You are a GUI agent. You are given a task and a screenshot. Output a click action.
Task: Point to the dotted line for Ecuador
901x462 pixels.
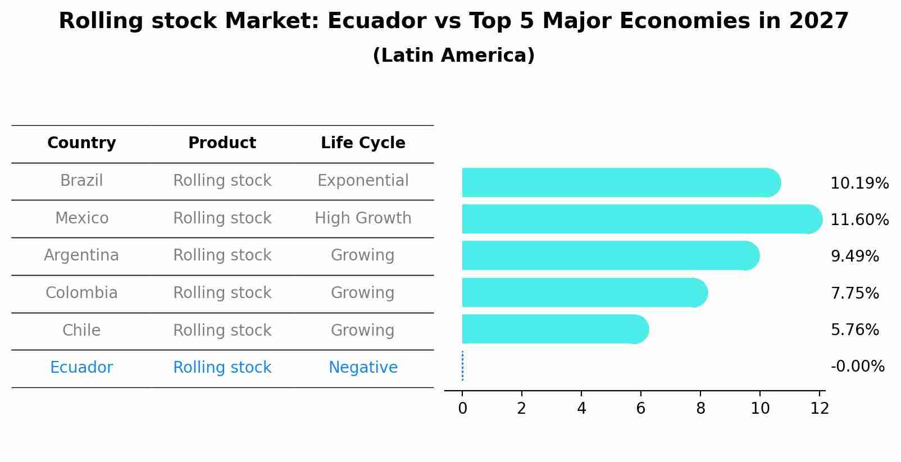point(462,366)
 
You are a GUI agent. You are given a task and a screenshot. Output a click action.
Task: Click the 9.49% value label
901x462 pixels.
point(854,257)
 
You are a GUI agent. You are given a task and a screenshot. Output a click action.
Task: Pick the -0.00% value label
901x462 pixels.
point(857,367)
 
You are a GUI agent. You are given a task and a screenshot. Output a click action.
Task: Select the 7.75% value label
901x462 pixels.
point(854,293)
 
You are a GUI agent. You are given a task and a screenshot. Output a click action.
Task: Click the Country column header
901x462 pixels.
point(81,143)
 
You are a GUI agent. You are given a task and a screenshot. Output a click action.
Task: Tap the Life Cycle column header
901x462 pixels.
point(363,143)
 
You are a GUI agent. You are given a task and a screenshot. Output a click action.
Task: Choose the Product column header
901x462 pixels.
point(222,143)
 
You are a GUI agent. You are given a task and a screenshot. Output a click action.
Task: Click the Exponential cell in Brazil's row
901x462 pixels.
point(363,181)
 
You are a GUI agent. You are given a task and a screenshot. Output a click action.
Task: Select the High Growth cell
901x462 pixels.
point(363,218)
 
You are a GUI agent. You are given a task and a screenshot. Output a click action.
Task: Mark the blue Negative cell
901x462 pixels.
point(363,368)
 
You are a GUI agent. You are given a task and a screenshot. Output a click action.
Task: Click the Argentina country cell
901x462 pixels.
point(81,255)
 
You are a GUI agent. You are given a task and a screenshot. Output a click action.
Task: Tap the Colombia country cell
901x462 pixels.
point(81,293)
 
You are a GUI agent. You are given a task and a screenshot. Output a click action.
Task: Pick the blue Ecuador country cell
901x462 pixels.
point(81,368)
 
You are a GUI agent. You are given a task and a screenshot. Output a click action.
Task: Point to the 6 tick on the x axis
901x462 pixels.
point(640,408)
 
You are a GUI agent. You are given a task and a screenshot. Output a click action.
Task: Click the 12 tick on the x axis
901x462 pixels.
point(820,408)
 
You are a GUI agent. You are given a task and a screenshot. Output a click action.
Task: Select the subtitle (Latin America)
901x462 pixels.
point(453,56)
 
